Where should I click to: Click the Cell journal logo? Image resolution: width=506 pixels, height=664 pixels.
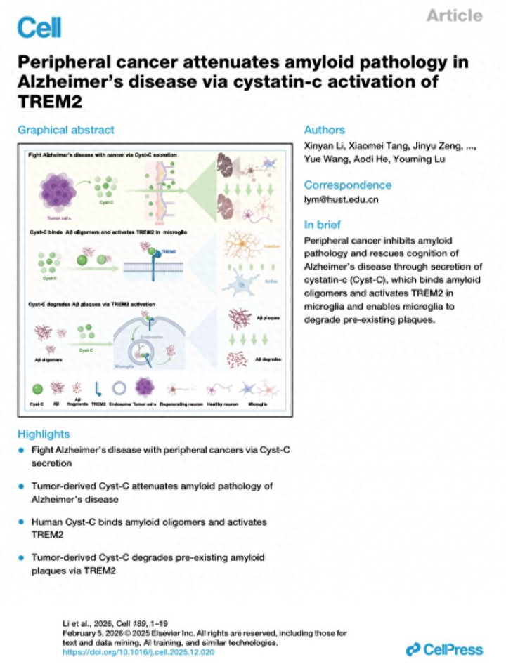39,27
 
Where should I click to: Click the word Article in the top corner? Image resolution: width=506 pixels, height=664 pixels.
455,15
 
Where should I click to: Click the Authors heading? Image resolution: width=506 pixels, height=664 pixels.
324,130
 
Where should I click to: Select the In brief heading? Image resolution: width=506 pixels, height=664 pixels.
323,225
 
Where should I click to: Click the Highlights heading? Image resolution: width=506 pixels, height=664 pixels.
44,434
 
